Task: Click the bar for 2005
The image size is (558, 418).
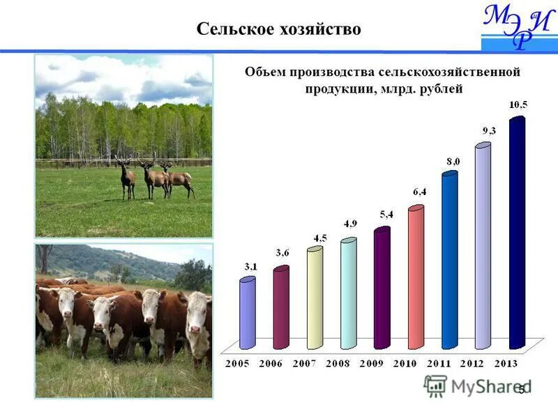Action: (247, 313)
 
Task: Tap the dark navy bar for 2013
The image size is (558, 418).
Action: (517, 233)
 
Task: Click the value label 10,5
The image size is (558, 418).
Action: (518, 104)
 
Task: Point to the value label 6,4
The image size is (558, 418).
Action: (419, 191)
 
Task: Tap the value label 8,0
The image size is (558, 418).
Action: (453, 161)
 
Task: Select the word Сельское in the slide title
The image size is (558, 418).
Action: (231, 29)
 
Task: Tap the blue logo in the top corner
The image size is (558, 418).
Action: (518, 26)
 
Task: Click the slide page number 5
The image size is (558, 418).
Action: (521, 391)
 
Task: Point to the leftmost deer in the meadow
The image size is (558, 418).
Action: (126, 178)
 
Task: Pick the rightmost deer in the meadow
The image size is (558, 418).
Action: (179, 180)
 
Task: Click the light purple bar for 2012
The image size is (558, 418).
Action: (483, 247)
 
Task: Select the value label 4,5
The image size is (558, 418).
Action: (319, 238)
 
